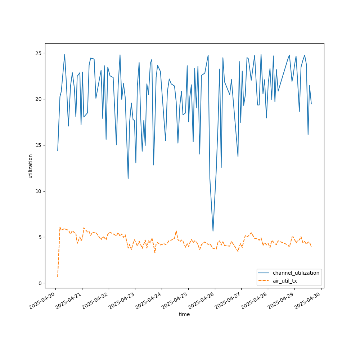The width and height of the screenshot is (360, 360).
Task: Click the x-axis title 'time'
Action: (x=184, y=314)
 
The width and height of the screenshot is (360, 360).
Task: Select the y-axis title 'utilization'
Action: (x=31, y=166)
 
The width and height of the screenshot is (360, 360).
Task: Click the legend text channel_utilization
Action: (x=296, y=273)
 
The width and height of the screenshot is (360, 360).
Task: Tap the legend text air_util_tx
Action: (x=290, y=281)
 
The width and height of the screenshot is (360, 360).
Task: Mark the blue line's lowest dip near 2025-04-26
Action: (x=213, y=231)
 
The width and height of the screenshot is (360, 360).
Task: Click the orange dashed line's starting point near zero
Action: (x=58, y=276)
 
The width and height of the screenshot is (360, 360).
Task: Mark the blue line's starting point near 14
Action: (x=58, y=151)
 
